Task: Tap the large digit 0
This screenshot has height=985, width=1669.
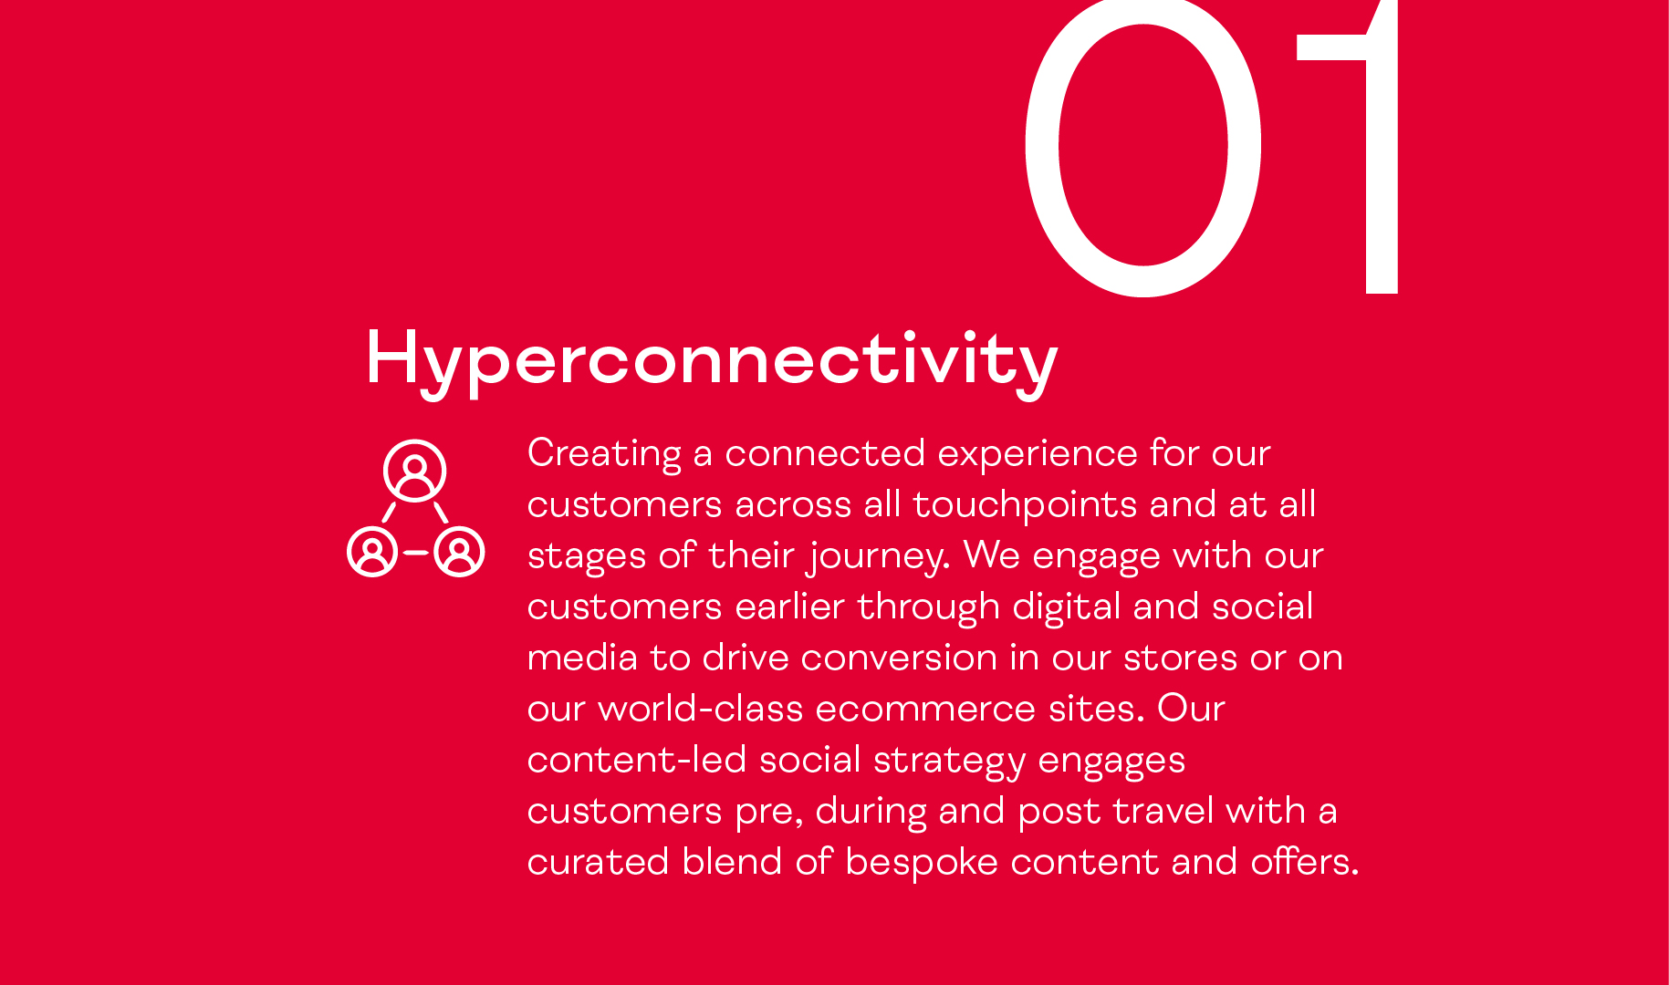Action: click(1040, 146)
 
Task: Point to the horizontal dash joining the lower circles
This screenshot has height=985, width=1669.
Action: click(416, 553)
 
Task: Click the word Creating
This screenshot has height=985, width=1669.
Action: click(604, 454)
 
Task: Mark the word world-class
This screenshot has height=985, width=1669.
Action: click(700, 709)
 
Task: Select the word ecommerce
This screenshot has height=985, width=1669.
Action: click(925, 710)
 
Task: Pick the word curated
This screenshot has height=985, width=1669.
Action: click(599, 862)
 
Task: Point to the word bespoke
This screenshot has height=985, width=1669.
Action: click(922, 863)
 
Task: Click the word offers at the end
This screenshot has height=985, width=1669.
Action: click(1305, 862)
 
